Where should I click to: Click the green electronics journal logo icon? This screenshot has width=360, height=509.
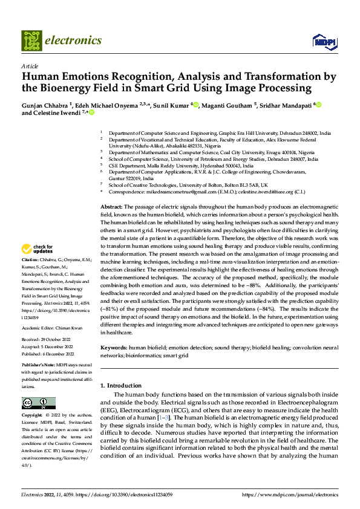(x=32, y=41)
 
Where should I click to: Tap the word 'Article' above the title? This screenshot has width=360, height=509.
(x=30, y=66)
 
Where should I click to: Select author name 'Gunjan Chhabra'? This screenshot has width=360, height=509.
(x=44, y=105)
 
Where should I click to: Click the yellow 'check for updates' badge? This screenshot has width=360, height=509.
(x=38, y=265)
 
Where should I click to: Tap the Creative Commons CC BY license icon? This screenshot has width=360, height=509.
(x=38, y=403)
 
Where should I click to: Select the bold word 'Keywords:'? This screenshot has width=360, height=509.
(x=114, y=349)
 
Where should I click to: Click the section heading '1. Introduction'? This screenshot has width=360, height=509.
(x=120, y=385)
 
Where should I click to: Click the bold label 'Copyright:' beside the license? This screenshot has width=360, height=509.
(x=32, y=417)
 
